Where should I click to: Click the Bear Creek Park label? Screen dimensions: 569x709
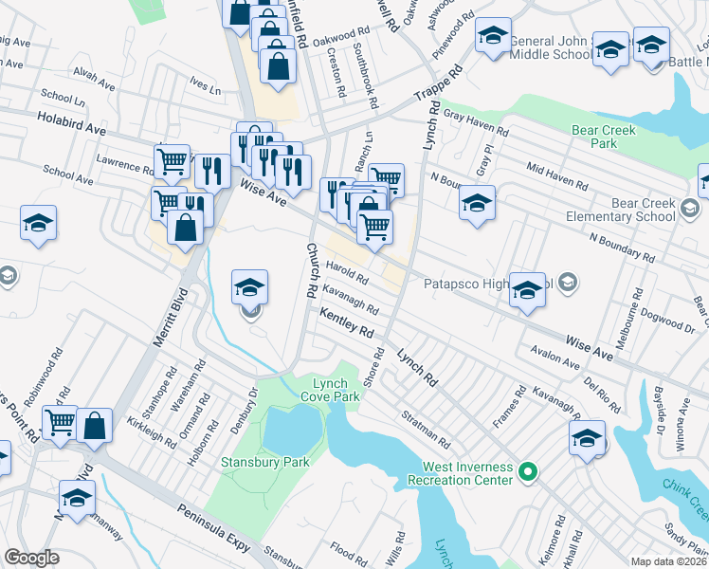pos(604,137)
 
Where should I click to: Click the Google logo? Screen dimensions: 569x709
pos(31,558)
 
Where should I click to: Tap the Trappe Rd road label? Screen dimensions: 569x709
pos(438,85)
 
